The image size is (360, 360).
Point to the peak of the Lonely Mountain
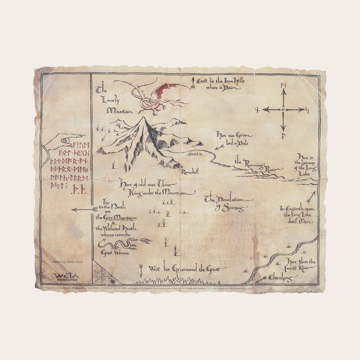point(143,119)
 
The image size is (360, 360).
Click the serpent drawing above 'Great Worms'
point(130,244)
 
